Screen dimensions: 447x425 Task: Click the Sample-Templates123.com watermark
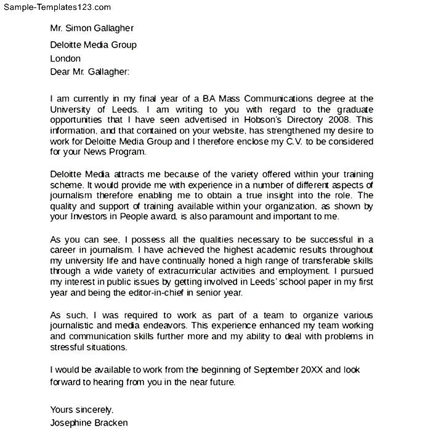[x=56, y=7]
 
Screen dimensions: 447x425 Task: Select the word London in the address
[x=65, y=58]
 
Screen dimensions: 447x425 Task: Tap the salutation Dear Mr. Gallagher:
[x=90, y=71]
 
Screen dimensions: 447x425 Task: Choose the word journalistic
[x=74, y=326]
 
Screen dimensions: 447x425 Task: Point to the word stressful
[x=70, y=347]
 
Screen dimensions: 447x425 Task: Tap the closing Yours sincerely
[x=82, y=409]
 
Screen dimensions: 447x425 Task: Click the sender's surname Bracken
[x=110, y=423]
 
